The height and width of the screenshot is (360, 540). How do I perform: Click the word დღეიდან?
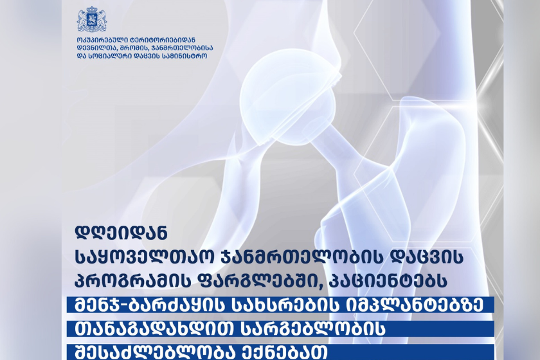(x=122, y=233)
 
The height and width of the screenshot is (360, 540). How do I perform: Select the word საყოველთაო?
(x=145, y=257)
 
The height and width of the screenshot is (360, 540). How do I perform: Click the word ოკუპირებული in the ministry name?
(x=99, y=40)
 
